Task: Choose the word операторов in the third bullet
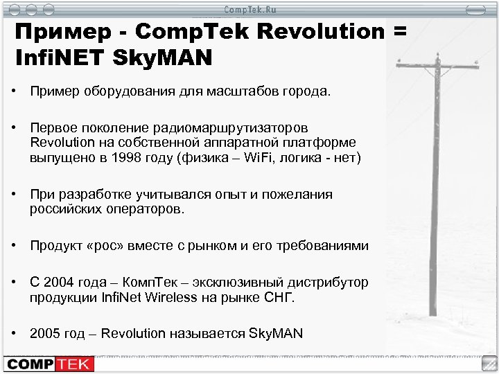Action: tap(150, 210)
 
